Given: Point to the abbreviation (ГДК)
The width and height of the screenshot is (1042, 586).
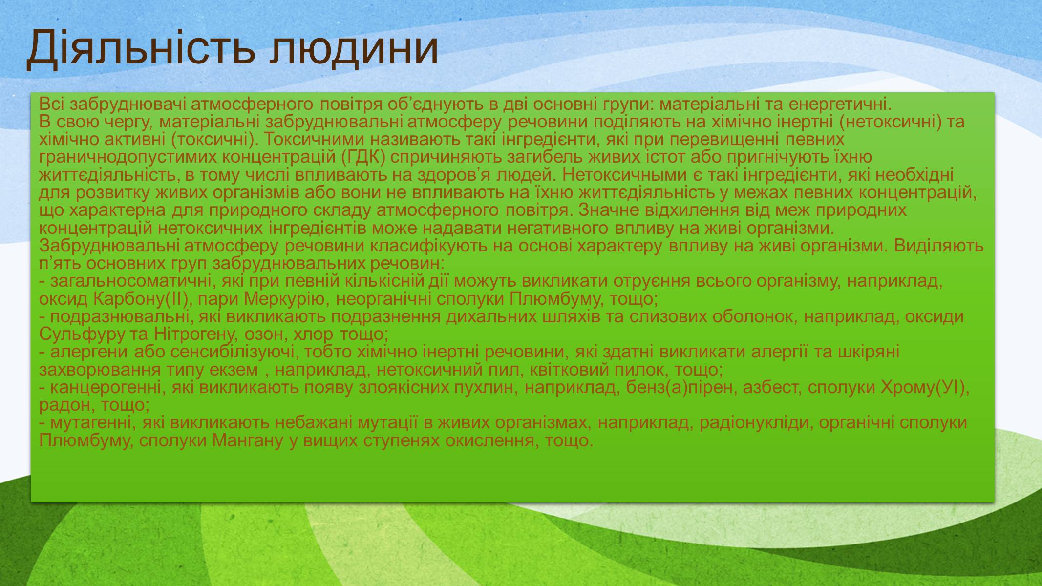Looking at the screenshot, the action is pos(362,158).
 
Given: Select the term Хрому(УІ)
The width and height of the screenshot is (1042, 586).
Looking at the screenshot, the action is pos(922,388).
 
